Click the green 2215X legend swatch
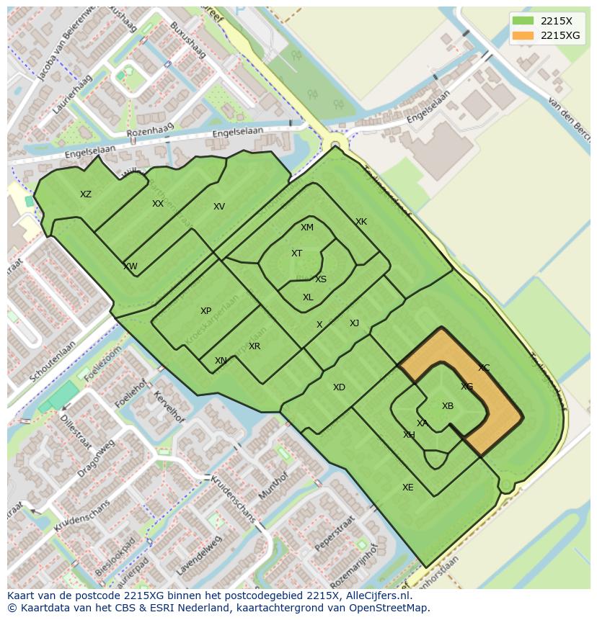pos(523,21)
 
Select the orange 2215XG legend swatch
pos(523,35)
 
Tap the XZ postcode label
pos(86,194)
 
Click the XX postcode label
pos(158,204)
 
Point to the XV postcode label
pos(219,207)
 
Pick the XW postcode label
pos(131,266)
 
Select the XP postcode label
pos(206,311)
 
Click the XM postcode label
pos(307,228)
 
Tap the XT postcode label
pos(296,253)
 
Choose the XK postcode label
pos(361,222)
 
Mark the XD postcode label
pos(339,387)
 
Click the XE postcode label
pos(408,488)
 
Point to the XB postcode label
pos(448,406)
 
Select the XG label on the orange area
pos(467,387)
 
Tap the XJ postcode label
pos(354,323)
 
